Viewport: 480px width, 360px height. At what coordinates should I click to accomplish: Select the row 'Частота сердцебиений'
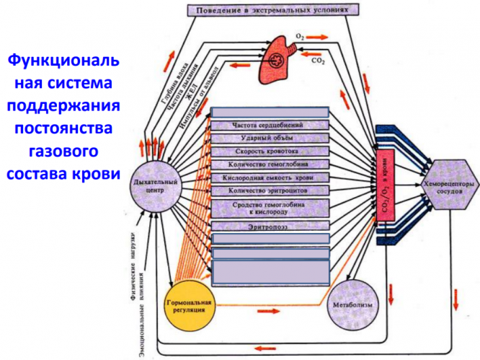[x=269, y=125]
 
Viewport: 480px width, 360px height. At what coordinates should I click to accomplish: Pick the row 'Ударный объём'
[x=269, y=138]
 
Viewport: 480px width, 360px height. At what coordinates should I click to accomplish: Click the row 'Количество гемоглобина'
[x=269, y=164]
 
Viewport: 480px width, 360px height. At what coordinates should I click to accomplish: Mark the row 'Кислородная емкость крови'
[x=269, y=177]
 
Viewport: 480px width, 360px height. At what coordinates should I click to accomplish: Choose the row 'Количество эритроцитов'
[x=269, y=190]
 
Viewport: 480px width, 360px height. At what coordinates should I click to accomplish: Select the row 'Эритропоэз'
[x=269, y=226]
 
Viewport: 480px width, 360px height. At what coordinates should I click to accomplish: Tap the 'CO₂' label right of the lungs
[x=317, y=62]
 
